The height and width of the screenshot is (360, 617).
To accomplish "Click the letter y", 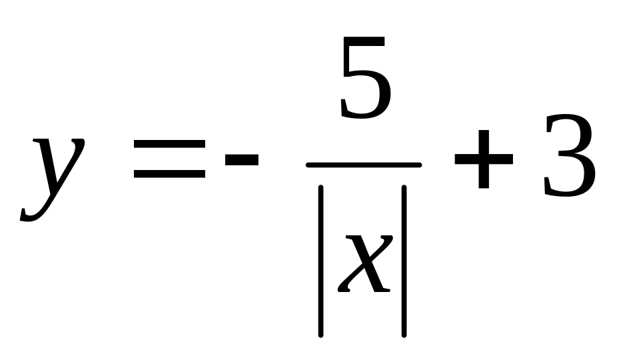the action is (x=53, y=177).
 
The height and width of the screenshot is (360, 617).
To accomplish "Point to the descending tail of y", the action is (x=30, y=213).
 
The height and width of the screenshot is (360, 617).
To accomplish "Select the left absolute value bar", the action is (x=321, y=260).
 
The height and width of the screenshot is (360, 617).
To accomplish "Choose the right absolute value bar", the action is (x=404, y=260).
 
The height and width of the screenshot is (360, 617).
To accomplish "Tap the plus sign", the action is (x=483, y=160).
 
